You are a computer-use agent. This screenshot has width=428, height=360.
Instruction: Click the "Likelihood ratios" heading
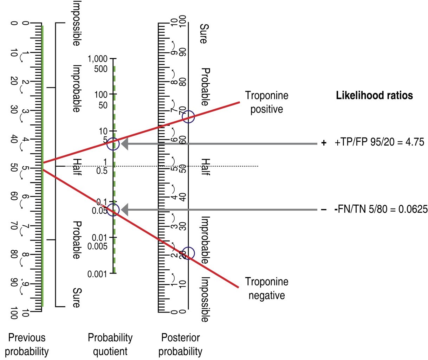point(374,95)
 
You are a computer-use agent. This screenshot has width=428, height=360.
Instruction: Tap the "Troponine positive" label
point(267,102)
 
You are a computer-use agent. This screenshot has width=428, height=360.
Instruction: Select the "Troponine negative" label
point(267,288)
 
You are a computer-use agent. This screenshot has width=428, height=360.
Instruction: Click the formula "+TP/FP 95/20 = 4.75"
point(380,143)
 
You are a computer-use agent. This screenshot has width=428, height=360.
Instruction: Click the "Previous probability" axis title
point(27,344)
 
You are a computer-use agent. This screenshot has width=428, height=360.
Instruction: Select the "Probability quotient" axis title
point(110,344)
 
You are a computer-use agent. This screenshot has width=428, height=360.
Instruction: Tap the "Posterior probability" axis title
point(180,344)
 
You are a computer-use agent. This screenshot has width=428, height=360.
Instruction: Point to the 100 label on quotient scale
point(102,95)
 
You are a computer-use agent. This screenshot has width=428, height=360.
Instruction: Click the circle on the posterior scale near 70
point(188,117)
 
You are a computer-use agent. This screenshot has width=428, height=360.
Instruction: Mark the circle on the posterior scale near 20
point(188,253)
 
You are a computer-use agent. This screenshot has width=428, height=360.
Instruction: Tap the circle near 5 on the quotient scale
point(113,143)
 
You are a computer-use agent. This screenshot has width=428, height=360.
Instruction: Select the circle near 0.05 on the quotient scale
point(113,210)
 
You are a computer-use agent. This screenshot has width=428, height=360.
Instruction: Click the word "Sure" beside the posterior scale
point(203,34)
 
